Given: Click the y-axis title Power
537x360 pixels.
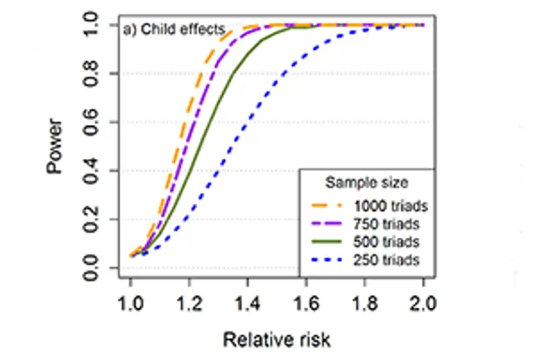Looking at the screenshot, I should [x=55, y=146].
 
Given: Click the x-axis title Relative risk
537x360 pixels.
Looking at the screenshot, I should [x=277, y=339].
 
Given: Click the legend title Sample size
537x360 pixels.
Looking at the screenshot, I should [x=367, y=182].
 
